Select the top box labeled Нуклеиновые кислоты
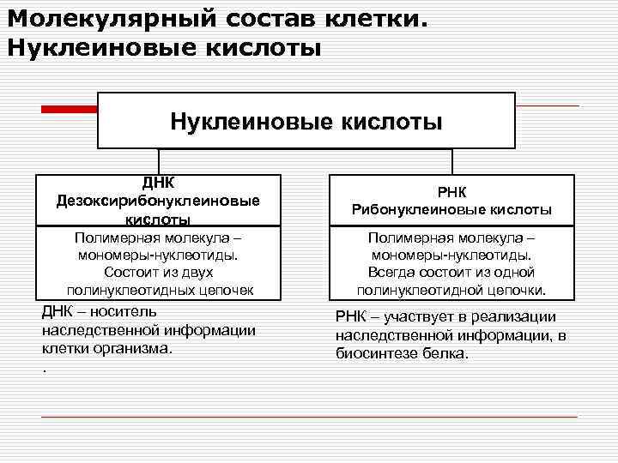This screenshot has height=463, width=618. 306,121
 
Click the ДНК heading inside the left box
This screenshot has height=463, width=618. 159,182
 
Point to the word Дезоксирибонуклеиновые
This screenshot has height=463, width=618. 159,201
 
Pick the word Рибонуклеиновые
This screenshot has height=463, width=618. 418,209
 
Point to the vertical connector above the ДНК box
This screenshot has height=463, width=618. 158,162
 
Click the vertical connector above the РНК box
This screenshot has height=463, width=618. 451,162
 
